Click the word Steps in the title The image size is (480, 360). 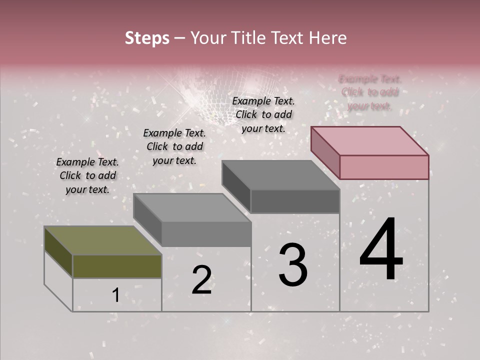pos(147,38)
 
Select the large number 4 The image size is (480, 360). pos(381,250)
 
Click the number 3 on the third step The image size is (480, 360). pos(293,265)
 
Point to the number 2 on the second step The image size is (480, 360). pos(201,280)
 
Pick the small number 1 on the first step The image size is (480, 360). pos(115,295)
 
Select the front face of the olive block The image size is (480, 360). pos(117,266)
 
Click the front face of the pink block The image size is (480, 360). pos(384,167)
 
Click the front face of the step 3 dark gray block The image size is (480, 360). pos(295,201)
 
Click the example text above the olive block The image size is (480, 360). pos(87,175)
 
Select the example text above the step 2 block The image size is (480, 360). pos(174,146)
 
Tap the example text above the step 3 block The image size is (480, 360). pos(263,114)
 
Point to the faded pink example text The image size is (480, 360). pos(370,92)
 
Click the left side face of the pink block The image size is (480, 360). pos(325,152)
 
